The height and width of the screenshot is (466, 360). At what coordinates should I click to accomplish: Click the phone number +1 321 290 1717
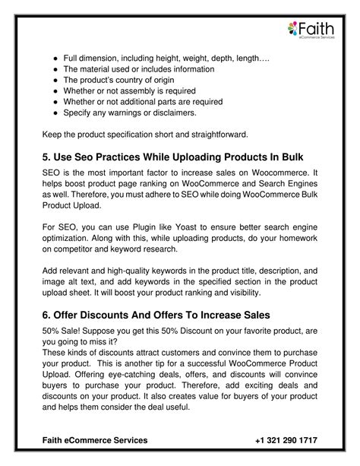click(286, 440)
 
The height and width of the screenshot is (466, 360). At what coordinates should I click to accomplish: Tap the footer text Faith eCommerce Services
click(95, 440)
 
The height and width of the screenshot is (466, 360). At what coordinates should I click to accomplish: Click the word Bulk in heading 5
click(289, 157)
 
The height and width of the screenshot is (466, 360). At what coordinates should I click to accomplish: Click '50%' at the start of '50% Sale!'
click(52, 332)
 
